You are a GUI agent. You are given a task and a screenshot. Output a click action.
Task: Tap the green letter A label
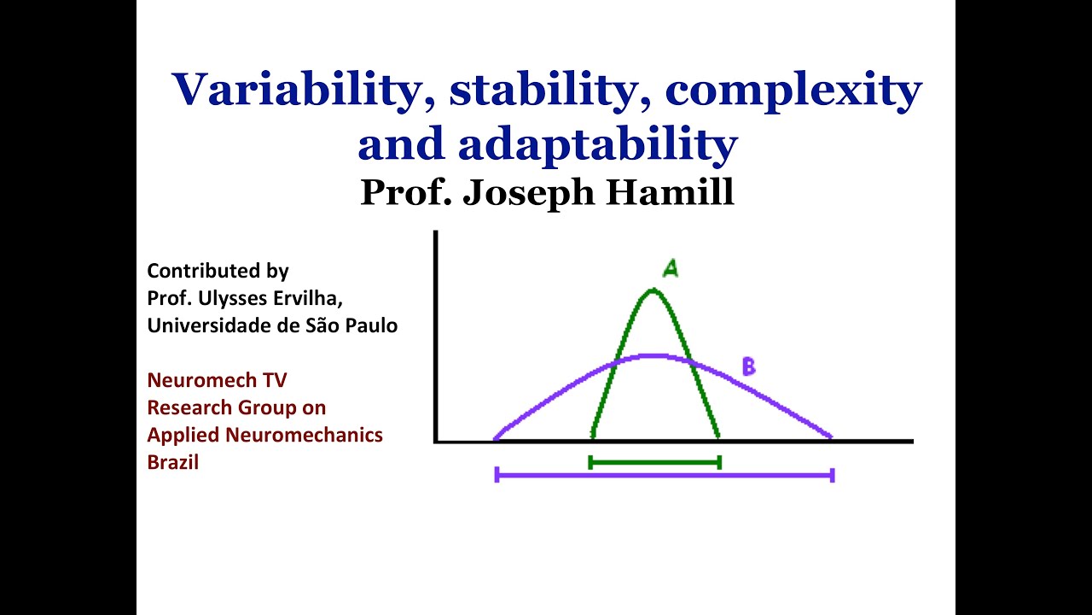(671, 269)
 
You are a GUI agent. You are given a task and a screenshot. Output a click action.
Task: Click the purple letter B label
(748, 367)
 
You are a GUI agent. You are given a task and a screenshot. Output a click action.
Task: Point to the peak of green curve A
(653, 290)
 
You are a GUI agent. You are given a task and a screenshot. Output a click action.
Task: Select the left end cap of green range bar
(590, 462)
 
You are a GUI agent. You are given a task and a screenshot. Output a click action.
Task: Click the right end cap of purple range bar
(832, 474)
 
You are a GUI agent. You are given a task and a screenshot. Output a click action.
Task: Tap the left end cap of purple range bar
(497, 474)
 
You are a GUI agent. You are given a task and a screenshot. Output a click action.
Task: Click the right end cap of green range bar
(720, 462)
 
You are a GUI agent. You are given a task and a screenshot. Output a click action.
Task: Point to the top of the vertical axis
(436, 233)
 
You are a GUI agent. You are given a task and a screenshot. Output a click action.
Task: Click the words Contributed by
(218, 272)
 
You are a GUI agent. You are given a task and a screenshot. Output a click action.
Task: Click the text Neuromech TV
(217, 380)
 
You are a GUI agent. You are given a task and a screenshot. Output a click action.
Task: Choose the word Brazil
(172, 462)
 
